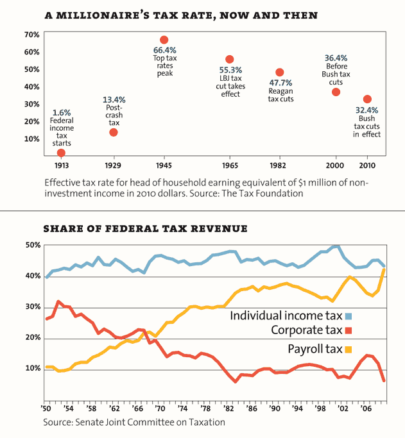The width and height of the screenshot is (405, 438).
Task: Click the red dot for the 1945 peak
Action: pyautogui.click(x=164, y=40)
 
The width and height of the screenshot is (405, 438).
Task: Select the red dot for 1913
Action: pyautogui.click(x=61, y=153)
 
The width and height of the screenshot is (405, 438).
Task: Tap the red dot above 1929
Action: pyautogui.click(x=114, y=132)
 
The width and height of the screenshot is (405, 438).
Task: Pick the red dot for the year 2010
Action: pyautogui.click(x=367, y=99)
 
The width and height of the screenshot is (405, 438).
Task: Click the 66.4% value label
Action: pyautogui.click(x=164, y=50)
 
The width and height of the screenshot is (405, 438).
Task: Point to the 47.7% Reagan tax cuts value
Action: pyautogui.click(x=280, y=83)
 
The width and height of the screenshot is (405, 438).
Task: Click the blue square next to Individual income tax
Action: pyautogui.click(x=349, y=316)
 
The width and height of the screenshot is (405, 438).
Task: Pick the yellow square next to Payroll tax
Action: pyautogui.click(x=349, y=350)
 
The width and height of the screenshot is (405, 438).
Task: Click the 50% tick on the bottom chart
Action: pyautogui.click(x=33, y=245)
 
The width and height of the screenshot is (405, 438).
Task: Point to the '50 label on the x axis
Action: pyautogui.click(x=47, y=408)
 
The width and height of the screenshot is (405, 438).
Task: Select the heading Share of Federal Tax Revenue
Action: pyautogui.click(x=145, y=228)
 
